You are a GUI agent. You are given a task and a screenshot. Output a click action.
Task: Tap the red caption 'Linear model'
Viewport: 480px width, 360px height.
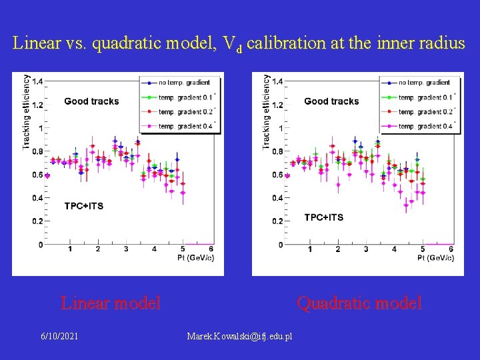tap(111, 303)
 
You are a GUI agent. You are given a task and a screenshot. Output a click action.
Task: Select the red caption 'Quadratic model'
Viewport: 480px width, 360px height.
tap(359, 303)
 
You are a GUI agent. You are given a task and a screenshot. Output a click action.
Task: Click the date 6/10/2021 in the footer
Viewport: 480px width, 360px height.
tap(59, 336)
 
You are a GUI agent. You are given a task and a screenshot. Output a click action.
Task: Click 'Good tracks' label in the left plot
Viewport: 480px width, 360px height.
tap(91, 101)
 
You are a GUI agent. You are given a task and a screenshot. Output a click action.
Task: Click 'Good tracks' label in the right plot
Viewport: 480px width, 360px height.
tap(331, 101)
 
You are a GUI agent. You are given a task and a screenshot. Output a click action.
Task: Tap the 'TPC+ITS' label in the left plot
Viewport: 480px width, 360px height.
tap(84, 206)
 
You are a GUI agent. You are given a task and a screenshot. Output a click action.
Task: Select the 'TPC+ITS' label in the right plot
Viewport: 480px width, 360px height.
tap(324, 217)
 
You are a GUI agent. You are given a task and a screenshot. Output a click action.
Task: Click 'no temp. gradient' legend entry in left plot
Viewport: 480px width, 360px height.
tap(184, 83)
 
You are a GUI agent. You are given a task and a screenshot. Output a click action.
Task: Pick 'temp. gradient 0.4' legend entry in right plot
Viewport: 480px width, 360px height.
tap(425, 126)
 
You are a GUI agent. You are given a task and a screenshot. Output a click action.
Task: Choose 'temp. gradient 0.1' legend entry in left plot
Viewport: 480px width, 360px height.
tap(184, 97)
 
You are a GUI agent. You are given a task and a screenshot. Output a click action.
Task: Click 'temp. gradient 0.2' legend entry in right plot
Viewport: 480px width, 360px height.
tap(425, 112)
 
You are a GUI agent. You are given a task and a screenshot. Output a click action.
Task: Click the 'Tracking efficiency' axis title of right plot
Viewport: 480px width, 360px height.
tap(267, 111)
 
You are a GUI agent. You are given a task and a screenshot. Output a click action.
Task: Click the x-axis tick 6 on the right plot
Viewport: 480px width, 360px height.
tap(451, 249)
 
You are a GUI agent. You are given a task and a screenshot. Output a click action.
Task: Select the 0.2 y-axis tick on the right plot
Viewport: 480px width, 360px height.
tap(278, 221)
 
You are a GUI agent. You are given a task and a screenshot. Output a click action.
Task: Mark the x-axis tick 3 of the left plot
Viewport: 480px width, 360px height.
tap(126, 249)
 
